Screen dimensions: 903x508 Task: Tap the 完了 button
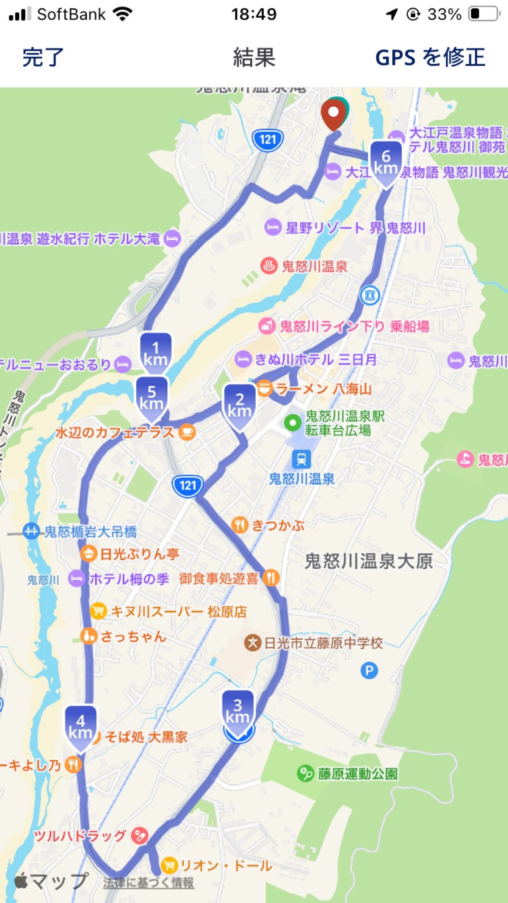coord(43,58)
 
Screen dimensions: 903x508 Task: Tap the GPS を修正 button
coord(430,58)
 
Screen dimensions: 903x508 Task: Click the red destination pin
coord(333,113)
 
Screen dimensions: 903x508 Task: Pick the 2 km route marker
coord(240,405)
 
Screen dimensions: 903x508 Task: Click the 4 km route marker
coord(80,727)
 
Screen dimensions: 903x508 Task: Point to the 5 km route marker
coord(152,398)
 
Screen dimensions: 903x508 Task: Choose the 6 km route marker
coord(386,162)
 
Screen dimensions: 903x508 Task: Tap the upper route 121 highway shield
coord(268,139)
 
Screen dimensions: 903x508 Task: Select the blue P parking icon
coord(369,670)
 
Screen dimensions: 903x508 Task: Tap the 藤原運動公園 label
coord(358,774)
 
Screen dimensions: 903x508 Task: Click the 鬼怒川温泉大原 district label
coord(369,562)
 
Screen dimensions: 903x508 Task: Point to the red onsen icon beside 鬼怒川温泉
coord(268,266)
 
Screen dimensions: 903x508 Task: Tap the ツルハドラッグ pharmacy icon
coord(139,835)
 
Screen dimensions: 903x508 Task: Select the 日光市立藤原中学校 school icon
coord(252,644)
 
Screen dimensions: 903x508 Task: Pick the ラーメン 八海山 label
coord(324,389)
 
